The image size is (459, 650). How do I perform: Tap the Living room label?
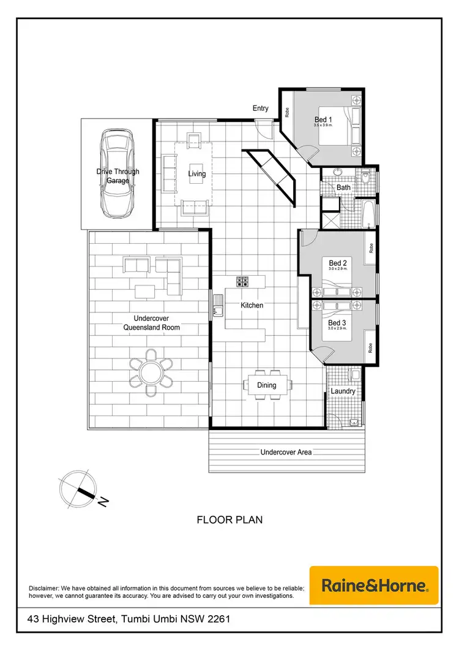(x=197, y=174)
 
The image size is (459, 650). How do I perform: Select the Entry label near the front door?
(x=261, y=108)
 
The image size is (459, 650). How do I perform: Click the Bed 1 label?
(x=323, y=119)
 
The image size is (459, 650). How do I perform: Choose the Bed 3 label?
(x=337, y=323)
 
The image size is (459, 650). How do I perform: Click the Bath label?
(x=343, y=187)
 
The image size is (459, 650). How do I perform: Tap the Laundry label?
(x=343, y=391)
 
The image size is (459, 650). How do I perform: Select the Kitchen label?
(x=252, y=305)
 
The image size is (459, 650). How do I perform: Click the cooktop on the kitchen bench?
(x=242, y=282)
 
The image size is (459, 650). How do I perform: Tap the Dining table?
(x=266, y=385)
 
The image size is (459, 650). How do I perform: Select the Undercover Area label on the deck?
(x=286, y=452)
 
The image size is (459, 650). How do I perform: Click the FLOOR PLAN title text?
(x=229, y=520)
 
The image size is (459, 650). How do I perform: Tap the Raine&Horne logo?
(x=374, y=586)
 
